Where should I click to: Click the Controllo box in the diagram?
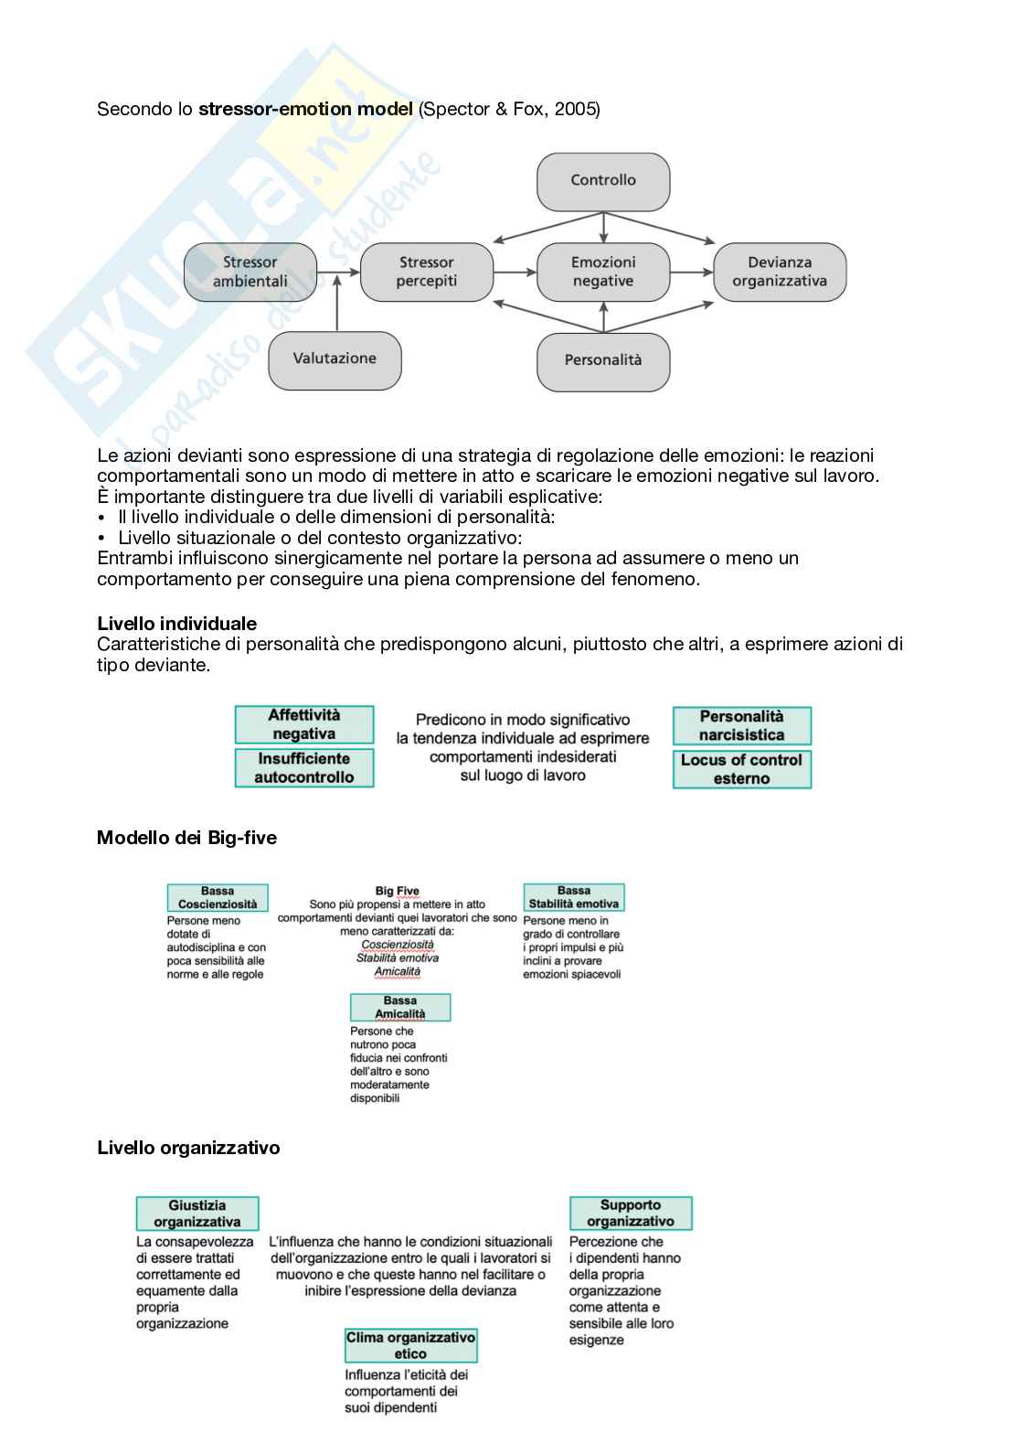click(603, 181)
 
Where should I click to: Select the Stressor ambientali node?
click(250, 272)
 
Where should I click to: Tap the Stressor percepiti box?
click(426, 272)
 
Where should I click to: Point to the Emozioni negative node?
click(603, 272)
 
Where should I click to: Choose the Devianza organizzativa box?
click(780, 272)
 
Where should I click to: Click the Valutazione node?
click(335, 359)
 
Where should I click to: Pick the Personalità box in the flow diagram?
click(603, 361)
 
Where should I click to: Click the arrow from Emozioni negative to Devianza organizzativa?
click(691, 272)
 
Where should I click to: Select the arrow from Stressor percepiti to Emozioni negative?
click(515, 272)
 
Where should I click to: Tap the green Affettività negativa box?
click(304, 724)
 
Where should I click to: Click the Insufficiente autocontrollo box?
click(304, 768)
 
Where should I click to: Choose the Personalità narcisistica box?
click(742, 726)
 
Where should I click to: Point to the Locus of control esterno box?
click(742, 769)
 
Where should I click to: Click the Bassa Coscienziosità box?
click(218, 897)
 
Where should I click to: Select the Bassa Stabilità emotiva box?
click(574, 897)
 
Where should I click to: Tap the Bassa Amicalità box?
click(400, 1007)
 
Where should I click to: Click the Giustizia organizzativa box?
click(197, 1214)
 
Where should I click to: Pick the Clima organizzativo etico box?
click(410, 1345)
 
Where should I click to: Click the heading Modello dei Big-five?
click(186, 838)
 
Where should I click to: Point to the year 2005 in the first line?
click(574, 109)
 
